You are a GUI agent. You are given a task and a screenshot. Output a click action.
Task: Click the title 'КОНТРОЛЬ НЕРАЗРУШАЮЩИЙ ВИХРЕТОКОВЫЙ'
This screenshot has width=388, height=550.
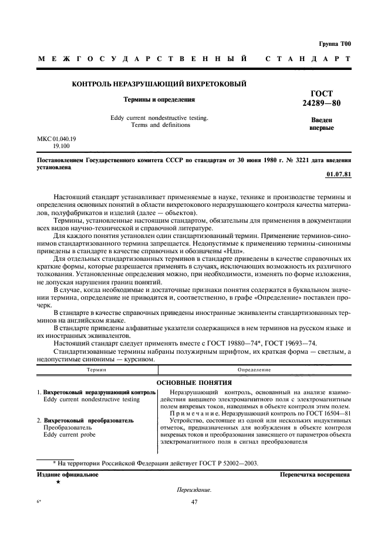pos(158,85)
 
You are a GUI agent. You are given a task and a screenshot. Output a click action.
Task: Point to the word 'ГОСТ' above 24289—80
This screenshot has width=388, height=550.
pos(321,93)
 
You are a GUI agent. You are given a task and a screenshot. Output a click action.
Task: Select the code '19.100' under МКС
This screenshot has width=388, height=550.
pos(61,146)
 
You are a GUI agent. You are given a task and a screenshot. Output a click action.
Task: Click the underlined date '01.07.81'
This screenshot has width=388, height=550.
pos(338,175)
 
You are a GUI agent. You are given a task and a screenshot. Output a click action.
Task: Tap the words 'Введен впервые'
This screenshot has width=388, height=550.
pos(321,124)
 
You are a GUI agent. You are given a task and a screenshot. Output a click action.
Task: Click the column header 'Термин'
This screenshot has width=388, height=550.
pos(96,370)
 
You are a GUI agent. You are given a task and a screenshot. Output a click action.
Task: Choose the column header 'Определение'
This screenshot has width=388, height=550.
pos(254,370)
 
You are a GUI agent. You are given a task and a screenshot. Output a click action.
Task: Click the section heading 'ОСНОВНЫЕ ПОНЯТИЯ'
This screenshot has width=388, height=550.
pos(194,382)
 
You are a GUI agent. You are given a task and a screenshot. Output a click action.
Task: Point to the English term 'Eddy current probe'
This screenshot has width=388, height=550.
pos(70,435)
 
